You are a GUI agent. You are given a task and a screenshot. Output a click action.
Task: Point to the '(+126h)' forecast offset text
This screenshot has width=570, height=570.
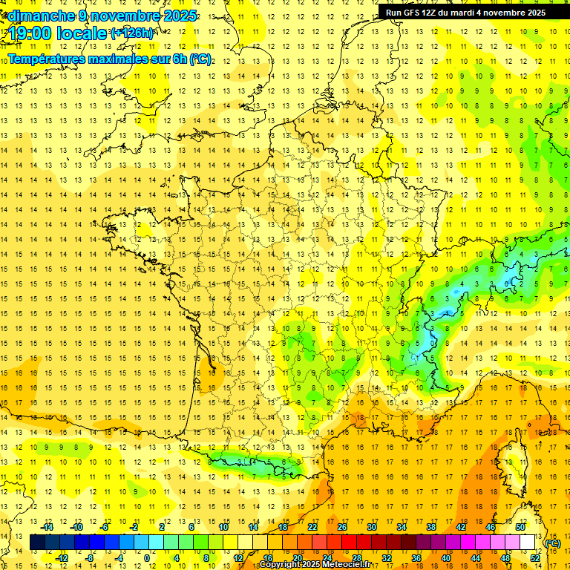pos(132,33)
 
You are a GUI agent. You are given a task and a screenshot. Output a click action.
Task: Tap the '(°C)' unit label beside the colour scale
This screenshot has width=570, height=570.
pos(553,543)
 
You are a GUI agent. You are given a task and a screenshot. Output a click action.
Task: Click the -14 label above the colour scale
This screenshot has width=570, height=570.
pos(47,527)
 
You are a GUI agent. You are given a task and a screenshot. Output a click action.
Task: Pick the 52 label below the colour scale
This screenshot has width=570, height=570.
pos(535,558)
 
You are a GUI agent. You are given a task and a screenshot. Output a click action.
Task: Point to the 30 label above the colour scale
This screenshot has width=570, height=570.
pos(371,527)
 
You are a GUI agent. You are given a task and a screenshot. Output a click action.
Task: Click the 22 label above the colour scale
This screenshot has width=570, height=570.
pos(312,527)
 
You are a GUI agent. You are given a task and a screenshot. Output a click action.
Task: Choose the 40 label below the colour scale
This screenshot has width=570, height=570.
pos(446,558)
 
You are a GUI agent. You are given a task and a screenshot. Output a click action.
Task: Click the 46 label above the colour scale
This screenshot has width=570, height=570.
pos(490,527)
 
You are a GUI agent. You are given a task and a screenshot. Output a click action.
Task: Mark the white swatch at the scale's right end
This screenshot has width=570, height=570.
pos(528,543)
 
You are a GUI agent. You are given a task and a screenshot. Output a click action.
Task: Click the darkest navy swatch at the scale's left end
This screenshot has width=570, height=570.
pos(38,543)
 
